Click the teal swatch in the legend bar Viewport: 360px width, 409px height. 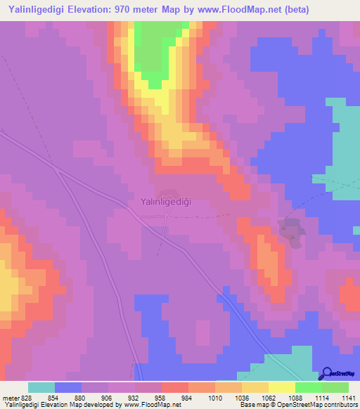point(41,387)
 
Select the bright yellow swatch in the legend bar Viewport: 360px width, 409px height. point(281,387)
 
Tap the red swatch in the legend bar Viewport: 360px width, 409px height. point(175,387)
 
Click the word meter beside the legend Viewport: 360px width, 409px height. point(10,397)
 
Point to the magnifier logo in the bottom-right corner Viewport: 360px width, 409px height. point(326,374)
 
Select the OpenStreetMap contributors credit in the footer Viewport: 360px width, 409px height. point(309,405)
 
